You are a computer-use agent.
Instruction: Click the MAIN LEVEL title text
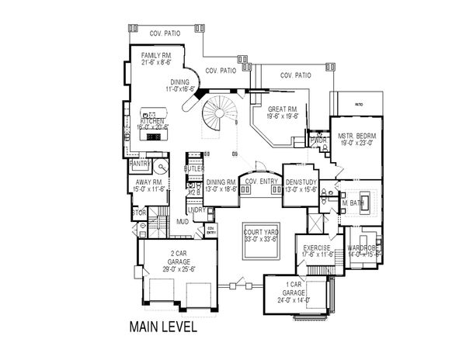point(163,327)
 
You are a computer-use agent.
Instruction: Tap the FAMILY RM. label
point(156,57)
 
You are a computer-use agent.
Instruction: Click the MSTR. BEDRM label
point(356,137)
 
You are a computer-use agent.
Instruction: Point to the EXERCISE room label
point(318,248)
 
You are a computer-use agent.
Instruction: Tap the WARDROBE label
point(363,248)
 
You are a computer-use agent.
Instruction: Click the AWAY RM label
point(148,182)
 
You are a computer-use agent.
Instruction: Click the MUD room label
point(183,221)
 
